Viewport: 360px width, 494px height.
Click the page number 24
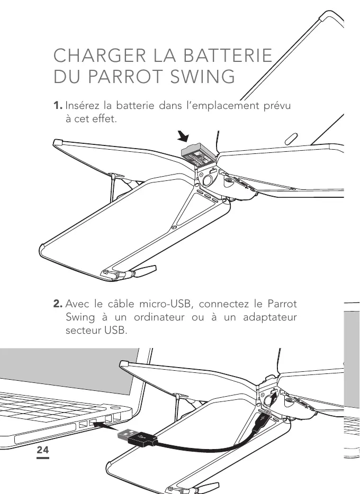[42, 450]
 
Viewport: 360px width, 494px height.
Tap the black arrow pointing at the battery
[184, 138]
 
